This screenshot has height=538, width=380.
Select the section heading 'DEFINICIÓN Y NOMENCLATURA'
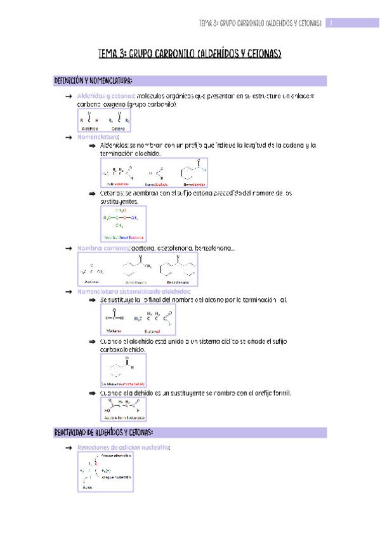(x=93, y=81)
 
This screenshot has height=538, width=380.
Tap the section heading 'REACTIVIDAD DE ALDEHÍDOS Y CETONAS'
(x=104, y=432)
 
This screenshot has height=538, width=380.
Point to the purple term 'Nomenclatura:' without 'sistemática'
(x=98, y=136)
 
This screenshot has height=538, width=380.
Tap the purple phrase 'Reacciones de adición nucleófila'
(x=122, y=447)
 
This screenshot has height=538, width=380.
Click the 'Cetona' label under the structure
(x=119, y=128)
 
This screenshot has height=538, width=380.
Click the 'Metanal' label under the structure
(x=114, y=331)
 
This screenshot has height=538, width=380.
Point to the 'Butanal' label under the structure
(x=152, y=331)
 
